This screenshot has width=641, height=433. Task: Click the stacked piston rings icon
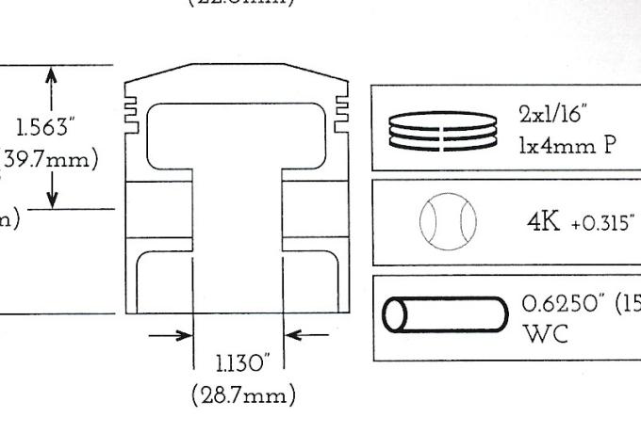(443, 127)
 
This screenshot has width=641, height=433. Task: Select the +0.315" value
(603, 227)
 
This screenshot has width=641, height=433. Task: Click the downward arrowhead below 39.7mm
(51, 198)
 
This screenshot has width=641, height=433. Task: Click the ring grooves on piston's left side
(132, 104)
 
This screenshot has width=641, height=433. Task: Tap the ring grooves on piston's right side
(341, 104)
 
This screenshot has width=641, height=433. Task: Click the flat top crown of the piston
(237, 67)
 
